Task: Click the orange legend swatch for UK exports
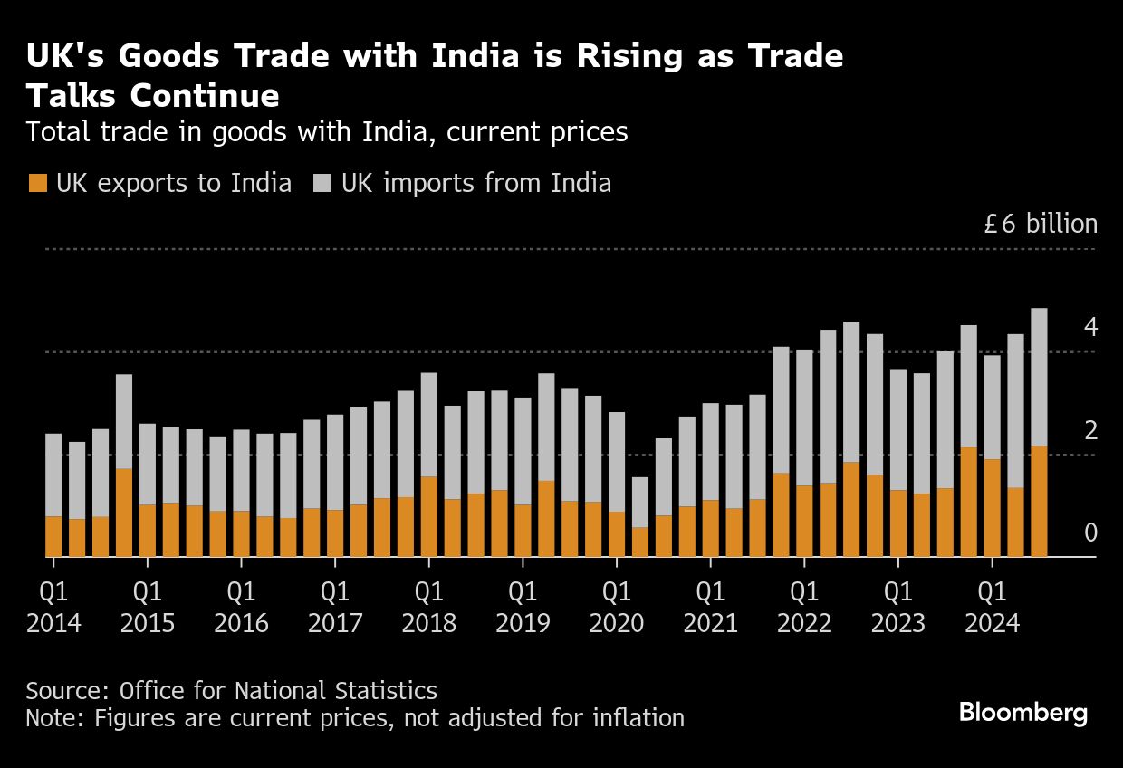pos(37,184)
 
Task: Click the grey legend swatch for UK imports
pos(323,184)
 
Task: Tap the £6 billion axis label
pos(1041,225)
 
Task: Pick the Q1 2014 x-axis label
pos(53,608)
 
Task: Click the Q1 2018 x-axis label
pos(428,608)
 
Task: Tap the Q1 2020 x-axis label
pos(617,608)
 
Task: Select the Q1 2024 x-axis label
pos(992,608)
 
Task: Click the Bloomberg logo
pos(1023,714)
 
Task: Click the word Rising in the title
pos(576,57)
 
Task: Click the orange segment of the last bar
pos(1039,501)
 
